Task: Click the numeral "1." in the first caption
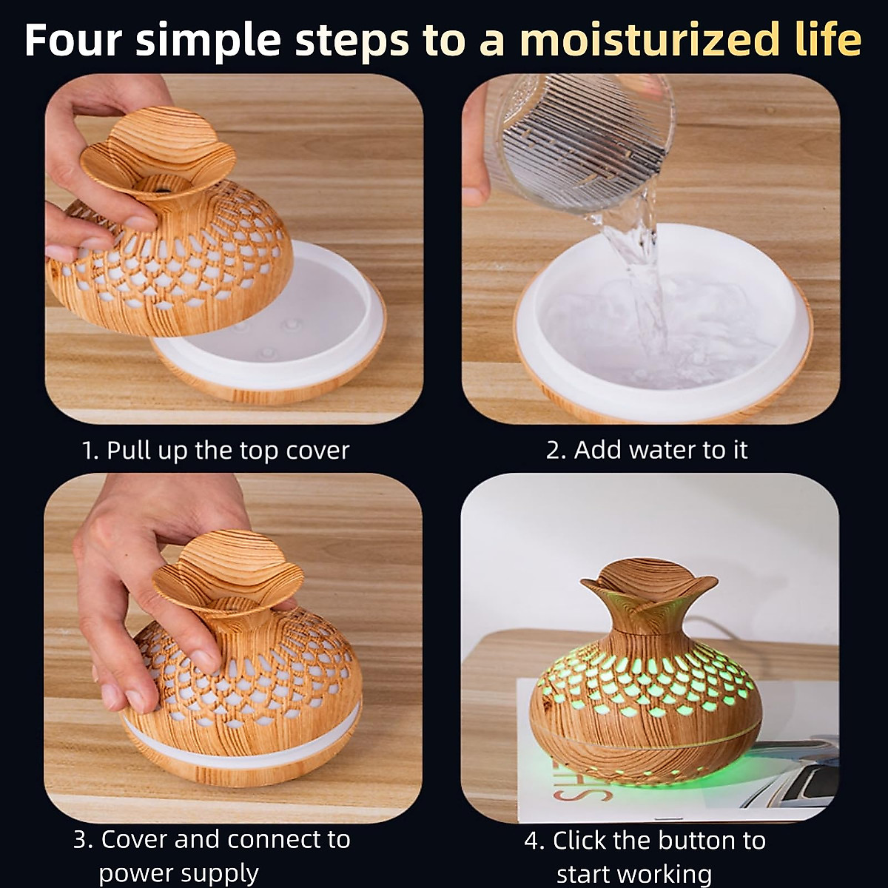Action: [90, 450]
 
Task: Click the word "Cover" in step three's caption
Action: [134, 839]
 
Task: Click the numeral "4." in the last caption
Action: [534, 841]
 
